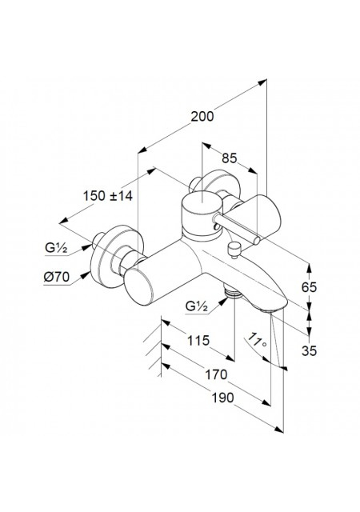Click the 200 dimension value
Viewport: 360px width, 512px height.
tap(202, 116)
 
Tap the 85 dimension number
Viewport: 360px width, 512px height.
tap(229, 158)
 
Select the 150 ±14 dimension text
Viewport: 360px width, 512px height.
tap(108, 196)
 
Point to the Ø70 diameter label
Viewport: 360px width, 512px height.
tap(57, 278)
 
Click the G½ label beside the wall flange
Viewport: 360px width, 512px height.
tap(56, 248)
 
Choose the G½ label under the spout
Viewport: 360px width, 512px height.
tap(197, 306)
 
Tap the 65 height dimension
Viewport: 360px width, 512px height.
tap(309, 287)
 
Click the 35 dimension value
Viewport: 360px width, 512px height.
tap(309, 350)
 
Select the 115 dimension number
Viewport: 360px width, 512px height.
tap(198, 341)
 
